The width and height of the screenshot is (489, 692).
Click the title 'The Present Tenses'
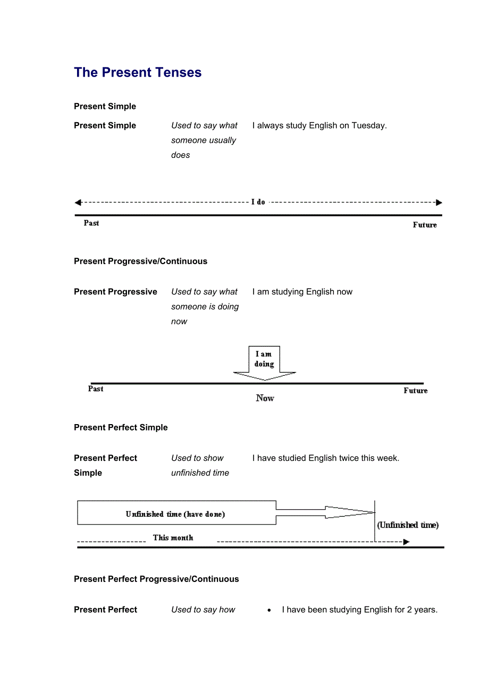pyautogui.click(x=138, y=73)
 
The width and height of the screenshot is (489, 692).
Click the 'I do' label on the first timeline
pyautogui.click(x=258, y=202)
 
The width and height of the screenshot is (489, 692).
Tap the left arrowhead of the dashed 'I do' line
pyautogui.click(x=78, y=202)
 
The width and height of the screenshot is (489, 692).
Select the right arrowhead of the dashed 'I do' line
pyautogui.click(x=439, y=202)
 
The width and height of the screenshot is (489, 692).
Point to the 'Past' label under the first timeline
pyautogui.click(x=91, y=223)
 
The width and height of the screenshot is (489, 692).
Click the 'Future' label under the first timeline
pyautogui.click(x=425, y=225)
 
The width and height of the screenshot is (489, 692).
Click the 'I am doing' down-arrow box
pyautogui.click(x=264, y=361)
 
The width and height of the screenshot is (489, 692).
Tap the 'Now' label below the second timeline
pyautogui.click(x=265, y=398)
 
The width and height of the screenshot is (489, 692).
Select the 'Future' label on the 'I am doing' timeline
pyautogui.click(x=415, y=391)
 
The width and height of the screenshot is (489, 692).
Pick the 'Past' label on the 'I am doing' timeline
pyautogui.click(x=96, y=389)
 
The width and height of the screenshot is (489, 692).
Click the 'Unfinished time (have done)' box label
pyautogui.click(x=175, y=514)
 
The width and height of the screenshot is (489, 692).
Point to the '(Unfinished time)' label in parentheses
pyautogui.click(x=408, y=525)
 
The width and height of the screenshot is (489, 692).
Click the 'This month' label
pyautogui.click(x=173, y=538)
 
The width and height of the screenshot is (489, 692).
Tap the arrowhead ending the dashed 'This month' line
pyautogui.click(x=406, y=542)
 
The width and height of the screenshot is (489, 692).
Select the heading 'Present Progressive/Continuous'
pyautogui.click(x=140, y=261)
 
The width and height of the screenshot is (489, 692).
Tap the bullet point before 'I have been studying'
pyautogui.click(x=269, y=611)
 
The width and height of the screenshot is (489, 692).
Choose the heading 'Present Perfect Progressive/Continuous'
pyautogui.click(x=156, y=579)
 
